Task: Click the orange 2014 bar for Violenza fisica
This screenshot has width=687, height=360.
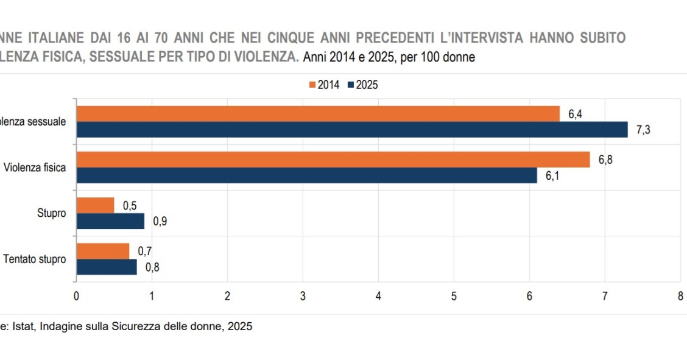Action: point(333,160)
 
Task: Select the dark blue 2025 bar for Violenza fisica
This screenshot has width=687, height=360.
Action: point(306,175)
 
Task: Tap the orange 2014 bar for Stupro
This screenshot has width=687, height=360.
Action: point(95,205)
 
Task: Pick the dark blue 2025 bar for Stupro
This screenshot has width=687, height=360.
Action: point(110,221)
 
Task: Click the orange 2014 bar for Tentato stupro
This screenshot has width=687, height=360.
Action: point(102,251)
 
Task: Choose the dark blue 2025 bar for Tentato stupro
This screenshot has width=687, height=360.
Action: point(107,267)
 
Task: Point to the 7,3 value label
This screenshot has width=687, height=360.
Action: point(644,130)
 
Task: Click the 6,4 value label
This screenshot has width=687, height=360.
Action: point(576,114)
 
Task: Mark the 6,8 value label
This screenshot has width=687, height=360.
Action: point(605,160)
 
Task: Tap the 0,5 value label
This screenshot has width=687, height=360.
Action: point(130,206)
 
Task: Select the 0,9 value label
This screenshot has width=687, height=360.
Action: point(160,221)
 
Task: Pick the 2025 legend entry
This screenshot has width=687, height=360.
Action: point(363,85)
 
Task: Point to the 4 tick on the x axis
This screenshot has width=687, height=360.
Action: point(378,297)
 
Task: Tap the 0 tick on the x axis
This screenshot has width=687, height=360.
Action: point(76,297)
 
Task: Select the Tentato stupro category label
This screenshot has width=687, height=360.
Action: point(34,259)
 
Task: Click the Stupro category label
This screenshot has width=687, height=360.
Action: point(52,214)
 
